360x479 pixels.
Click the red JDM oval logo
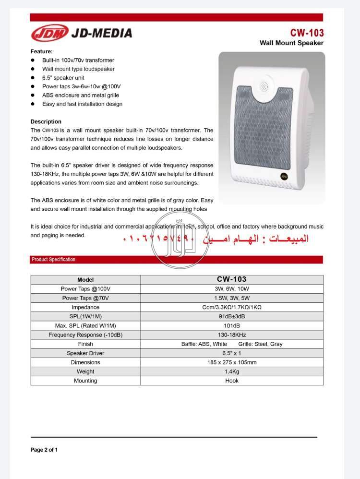tap(49, 33)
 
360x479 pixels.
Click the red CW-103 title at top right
tap(307, 33)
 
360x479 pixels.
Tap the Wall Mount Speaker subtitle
tap(291, 43)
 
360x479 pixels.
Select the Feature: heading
tap(42, 51)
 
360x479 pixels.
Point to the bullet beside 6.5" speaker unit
tap(33, 77)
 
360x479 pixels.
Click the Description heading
tap(46, 121)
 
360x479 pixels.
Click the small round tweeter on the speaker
tap(264, 86)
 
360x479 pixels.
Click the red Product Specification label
tap(53, 260)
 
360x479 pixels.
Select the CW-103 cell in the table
tap(231, 279)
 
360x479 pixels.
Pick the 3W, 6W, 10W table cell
tap(231, 289)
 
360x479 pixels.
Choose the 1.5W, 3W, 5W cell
tap(231, 298)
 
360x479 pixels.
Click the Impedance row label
tap(85, 307)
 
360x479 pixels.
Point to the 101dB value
tap(231, 326)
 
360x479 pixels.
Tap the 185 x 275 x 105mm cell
tap(231, 362)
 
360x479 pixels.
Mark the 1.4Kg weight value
tap(231, 371)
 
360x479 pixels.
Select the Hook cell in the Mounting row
tap(231, 381)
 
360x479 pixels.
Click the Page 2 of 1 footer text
tap(44, 450)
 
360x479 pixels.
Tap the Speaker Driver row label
tap(85, 353)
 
